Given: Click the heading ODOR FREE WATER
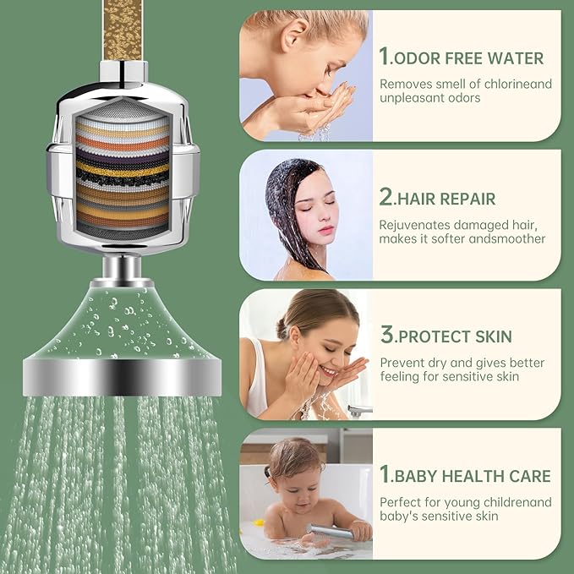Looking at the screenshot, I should [x=468, y=57].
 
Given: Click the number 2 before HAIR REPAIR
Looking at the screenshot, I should [x=385, y=198].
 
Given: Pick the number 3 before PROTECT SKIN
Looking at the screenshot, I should [x=386, y=335].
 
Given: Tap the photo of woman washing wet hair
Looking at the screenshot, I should [x=305, y=215].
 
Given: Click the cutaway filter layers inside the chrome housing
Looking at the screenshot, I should [x=122, y=174].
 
